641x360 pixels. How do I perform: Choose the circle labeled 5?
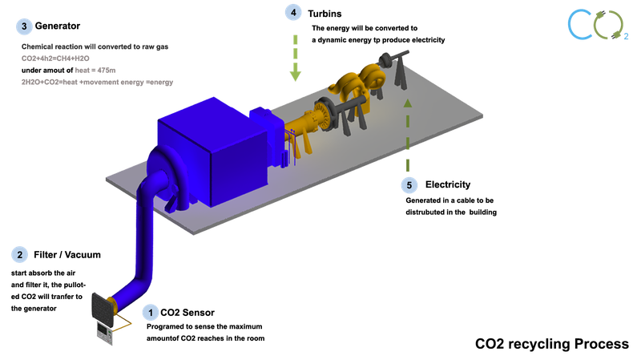409,184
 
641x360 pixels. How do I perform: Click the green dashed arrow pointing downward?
296,58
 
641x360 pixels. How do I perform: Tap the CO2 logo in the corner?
597,23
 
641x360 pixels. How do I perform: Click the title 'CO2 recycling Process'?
552,344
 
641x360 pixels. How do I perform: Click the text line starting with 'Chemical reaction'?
105,47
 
